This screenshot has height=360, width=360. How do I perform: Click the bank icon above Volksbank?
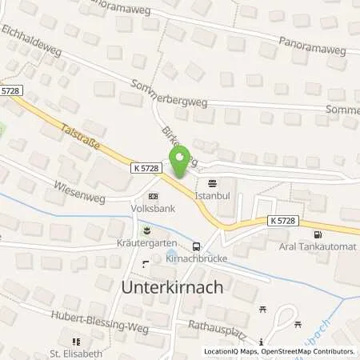click(x=153, y=196)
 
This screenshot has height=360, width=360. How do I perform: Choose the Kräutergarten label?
click(x=146, y=242)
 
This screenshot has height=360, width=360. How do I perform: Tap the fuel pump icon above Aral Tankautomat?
click(x=319, y=234)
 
